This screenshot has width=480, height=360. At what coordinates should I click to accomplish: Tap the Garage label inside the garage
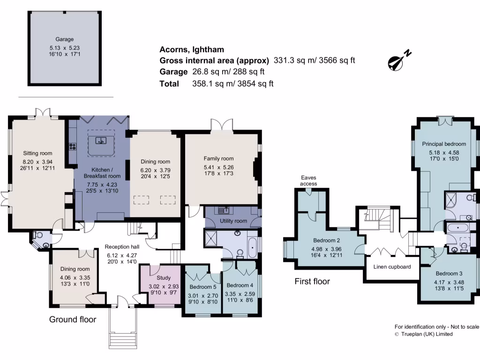[62, 40]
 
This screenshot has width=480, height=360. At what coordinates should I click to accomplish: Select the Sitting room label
[38, 153]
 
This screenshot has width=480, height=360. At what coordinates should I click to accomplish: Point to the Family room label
[218, 159]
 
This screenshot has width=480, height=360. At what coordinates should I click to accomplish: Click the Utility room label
[233, 221]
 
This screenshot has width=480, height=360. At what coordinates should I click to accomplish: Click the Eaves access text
[308, 180]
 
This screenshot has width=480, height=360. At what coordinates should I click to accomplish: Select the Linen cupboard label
[392, 267]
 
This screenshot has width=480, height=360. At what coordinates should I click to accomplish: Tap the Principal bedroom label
[444, 144]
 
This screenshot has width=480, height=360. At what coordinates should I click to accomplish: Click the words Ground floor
[73, 320]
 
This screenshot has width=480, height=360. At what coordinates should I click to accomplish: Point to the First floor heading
[312, 282]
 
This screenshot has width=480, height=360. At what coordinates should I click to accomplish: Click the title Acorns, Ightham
[192, 49]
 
